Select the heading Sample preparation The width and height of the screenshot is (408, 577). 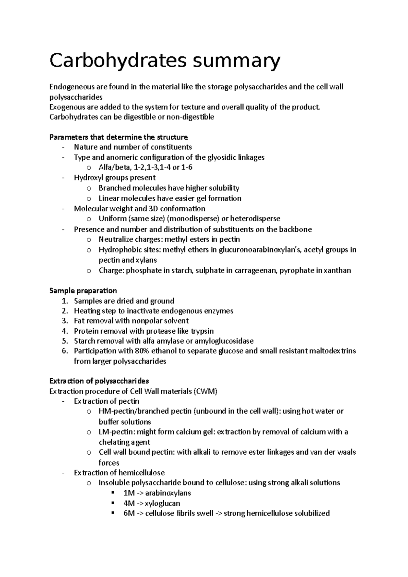pos(83,291)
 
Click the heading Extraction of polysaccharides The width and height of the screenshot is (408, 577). pos(99,381)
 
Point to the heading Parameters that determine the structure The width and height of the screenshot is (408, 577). pos(118,137)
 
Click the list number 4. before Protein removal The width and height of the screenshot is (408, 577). pos(65,331)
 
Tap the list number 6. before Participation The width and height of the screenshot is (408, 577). pos(65,351)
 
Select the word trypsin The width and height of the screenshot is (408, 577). pos(202,331)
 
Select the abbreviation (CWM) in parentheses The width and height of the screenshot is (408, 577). pos(205,391)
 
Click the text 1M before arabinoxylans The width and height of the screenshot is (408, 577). pos(129,493)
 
